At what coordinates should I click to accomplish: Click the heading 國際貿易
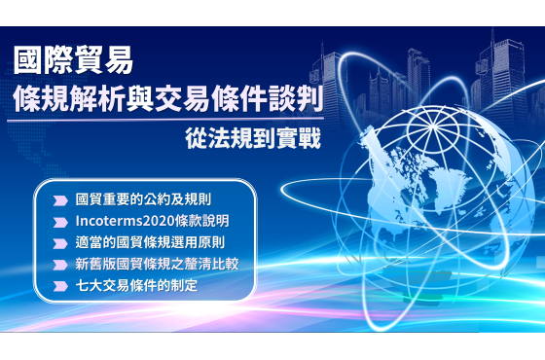(73, 60)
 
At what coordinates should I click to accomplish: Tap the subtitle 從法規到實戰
(253, 138)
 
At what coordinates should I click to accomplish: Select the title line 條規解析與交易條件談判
(168, 98)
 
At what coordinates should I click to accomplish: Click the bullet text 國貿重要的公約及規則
(143, 199)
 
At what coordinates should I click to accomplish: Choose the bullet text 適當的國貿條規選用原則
(150, 242)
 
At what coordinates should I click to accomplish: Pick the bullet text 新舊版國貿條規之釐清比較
(157, 264)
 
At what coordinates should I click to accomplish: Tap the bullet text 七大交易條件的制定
(136, 286)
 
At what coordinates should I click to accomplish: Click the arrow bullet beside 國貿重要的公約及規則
(60, 200)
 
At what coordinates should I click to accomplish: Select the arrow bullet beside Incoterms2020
(60, 222)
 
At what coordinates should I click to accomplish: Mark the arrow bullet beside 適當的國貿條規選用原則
(60, 243)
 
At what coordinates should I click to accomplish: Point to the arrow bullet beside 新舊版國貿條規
(60, 265)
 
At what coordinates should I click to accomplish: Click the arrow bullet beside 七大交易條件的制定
(60, 286)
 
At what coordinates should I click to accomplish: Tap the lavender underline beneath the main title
(165, 120)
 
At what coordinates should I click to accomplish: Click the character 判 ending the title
(310, 99)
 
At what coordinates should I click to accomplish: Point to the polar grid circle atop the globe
(433, 128)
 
